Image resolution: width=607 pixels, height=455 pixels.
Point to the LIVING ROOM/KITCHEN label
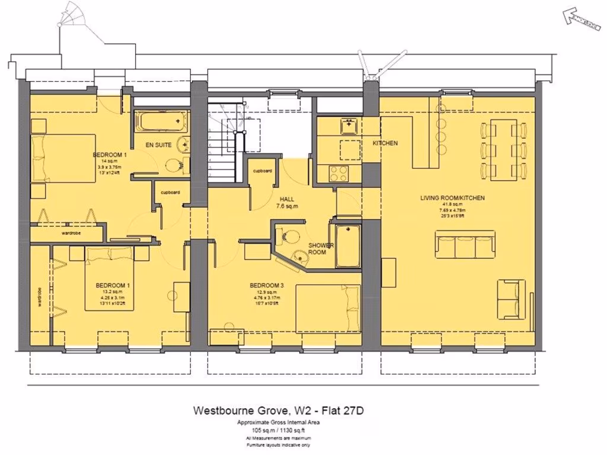tap(453, 198)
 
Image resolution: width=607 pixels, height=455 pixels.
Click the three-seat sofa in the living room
tap(465, 245)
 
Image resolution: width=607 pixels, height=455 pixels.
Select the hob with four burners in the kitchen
tap(340, 172)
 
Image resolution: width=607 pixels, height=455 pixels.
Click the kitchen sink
tap(348, 126)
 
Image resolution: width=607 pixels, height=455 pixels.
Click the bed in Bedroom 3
tap(328, 307)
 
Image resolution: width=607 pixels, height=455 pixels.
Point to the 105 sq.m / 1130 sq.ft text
tap(278, 430)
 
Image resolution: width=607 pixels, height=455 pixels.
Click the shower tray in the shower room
tap(347, 245)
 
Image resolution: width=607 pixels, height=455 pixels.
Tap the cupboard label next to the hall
tap(262, 171)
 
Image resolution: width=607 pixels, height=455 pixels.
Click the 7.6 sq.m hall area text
tap(287, 207)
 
